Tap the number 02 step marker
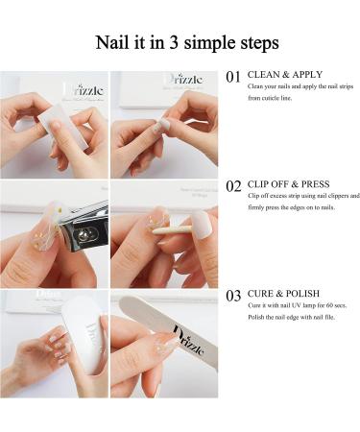[233, 186]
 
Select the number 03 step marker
[233, 296]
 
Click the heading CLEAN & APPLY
[284, 75]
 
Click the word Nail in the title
[115, 43]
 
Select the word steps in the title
[254, 44]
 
